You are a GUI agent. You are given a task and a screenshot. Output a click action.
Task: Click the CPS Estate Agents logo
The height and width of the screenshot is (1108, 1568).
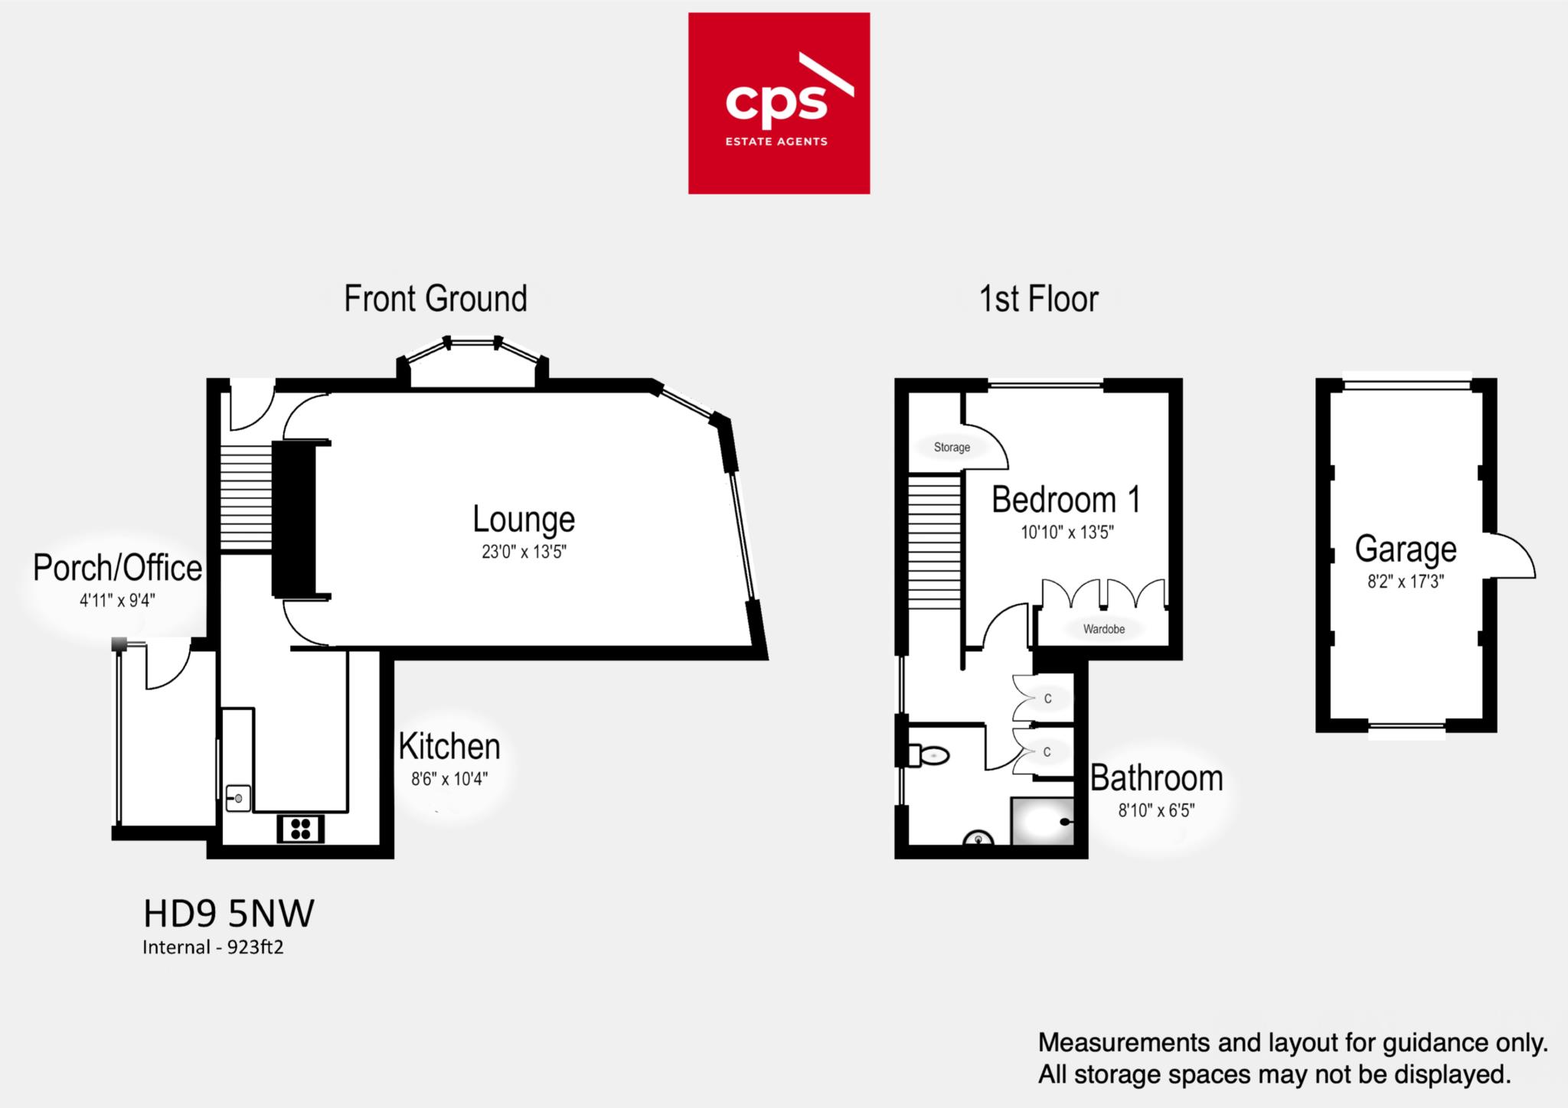coord(779,103)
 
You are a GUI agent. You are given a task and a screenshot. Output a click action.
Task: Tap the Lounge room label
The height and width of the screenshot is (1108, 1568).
coord(524,519)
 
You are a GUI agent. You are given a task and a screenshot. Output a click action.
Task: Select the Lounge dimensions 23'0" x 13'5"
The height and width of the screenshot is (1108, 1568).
coord(524,552)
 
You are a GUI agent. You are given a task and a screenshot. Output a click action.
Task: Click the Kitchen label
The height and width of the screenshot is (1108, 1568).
coord(449,746)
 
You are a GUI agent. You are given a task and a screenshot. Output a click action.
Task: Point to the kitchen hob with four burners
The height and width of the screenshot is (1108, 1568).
coord(300,829)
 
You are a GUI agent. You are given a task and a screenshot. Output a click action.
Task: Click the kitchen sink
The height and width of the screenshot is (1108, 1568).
coord(238,798)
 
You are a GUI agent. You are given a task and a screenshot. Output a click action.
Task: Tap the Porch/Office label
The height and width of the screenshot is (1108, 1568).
coord(117,568)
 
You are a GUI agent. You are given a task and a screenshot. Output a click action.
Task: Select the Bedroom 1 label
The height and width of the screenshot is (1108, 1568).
coord(1066,500)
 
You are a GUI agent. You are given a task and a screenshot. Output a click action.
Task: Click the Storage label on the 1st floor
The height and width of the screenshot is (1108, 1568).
coord(952,447)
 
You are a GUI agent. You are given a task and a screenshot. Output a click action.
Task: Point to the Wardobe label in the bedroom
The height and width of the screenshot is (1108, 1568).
coord(1103,629)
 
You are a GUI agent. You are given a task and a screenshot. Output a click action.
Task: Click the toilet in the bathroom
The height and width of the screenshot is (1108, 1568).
coord(930,756)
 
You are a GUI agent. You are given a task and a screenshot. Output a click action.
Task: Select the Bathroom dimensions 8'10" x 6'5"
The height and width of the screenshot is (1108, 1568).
coord(1156,810)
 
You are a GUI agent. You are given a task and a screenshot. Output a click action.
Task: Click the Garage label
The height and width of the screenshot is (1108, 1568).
coord(1406,549)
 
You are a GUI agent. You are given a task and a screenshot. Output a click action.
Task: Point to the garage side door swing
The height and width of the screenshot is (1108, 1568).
coord(1510,557)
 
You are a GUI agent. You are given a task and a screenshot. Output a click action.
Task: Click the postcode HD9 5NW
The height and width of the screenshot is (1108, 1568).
coord(229,914)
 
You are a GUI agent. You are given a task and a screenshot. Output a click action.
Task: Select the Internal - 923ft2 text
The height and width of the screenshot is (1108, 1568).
coord(213,947)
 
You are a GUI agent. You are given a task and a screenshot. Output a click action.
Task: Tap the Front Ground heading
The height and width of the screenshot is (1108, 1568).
coord(436,298)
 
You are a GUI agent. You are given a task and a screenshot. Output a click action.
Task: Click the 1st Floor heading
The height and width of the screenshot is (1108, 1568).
coord(1038,298)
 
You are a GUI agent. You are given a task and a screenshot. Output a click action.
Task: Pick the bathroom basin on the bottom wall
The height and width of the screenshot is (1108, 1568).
coord(978,839)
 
